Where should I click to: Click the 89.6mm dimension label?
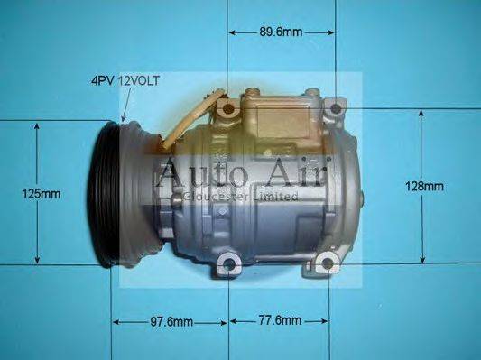point(281,32)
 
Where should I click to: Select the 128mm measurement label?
point(424,187)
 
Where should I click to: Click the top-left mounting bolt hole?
point(228,110)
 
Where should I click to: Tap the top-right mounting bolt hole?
point(336,110)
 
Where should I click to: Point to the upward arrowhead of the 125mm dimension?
point(37,127)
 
